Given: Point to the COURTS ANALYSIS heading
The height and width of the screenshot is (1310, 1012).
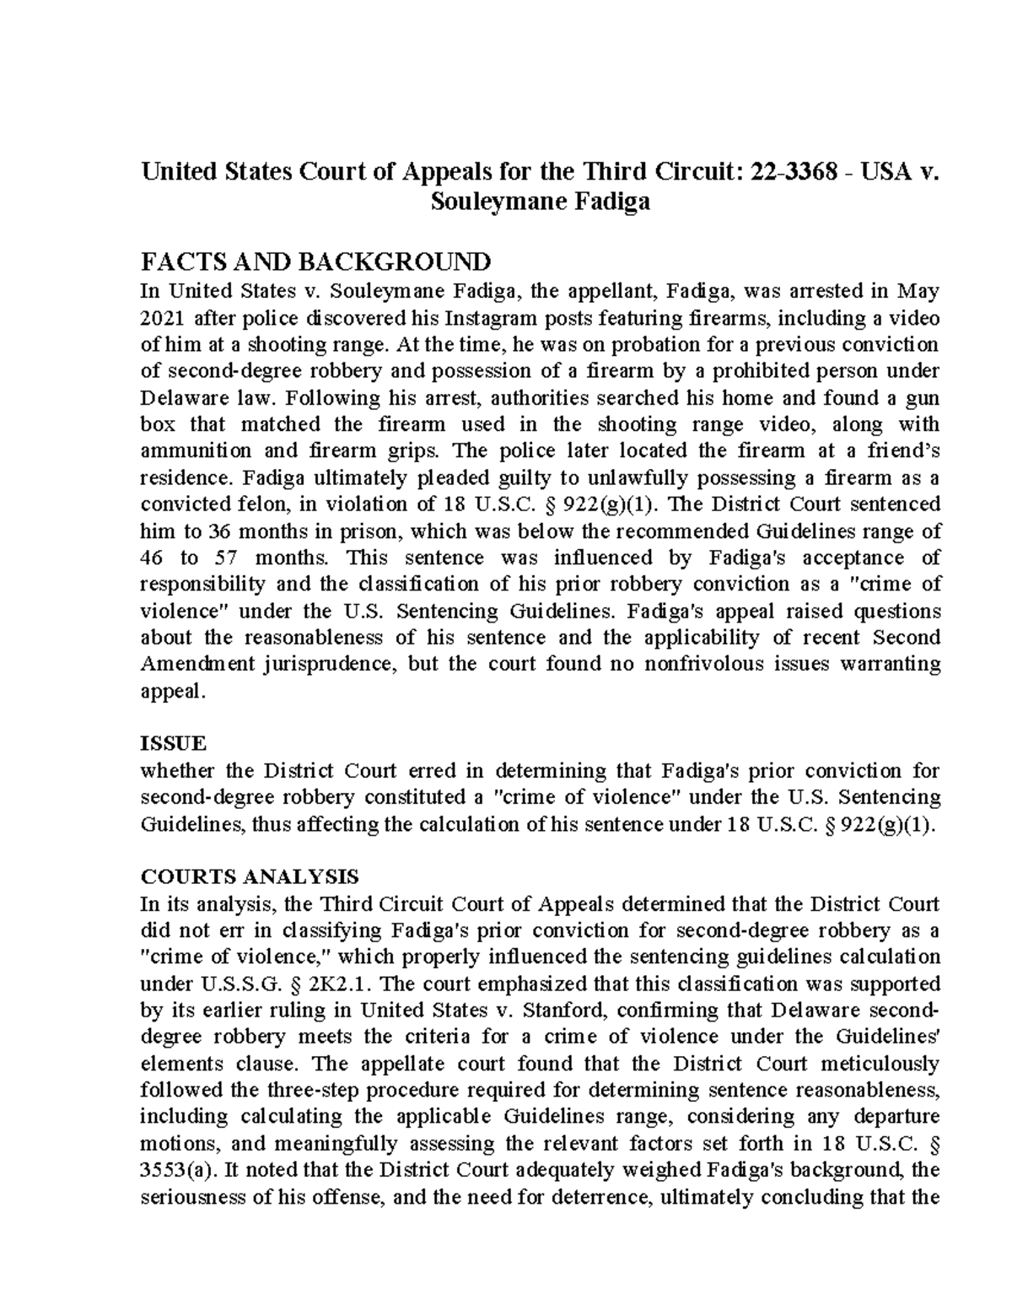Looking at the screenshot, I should coord(250,876).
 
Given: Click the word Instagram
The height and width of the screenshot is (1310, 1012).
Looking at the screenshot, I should coord(490,318).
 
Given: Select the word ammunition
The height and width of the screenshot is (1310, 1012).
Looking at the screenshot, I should coord(195,450).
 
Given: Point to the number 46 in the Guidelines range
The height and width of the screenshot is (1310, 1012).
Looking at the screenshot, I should coord(153,558).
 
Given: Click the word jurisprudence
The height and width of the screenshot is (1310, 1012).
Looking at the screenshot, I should coord(328,664).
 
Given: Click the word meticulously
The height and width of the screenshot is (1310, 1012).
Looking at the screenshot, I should coord(876,1063).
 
